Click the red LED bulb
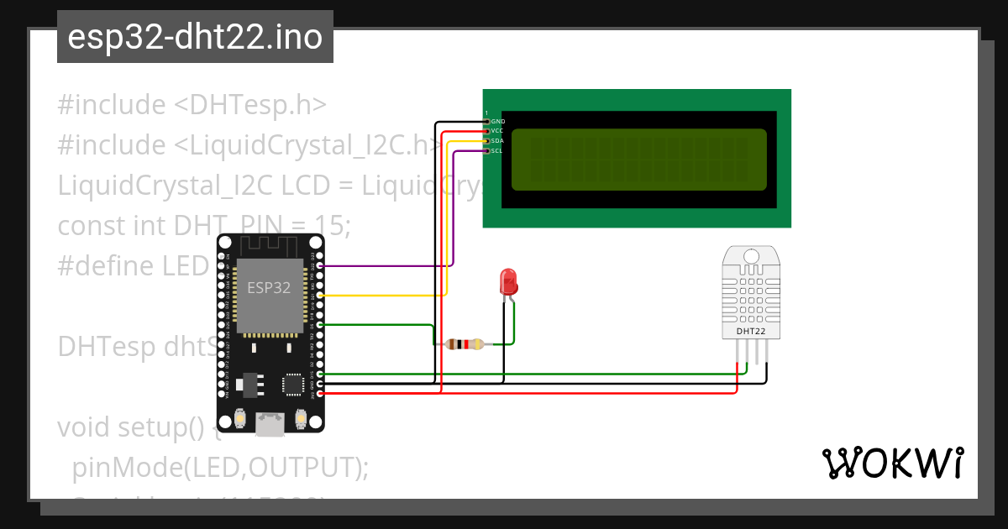(508, 280)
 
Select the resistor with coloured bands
(465, 343)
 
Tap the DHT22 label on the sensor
(750, 331)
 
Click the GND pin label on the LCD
(497, 122)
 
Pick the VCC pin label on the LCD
(497, 131)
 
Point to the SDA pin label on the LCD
(497, 141)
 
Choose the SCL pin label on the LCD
(497, 151)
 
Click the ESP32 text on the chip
(269, 288)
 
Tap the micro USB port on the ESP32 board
(270, 424)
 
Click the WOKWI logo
(892, 464)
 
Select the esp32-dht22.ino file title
(195, 38)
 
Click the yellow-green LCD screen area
(638, 160)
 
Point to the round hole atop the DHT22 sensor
(750, 256)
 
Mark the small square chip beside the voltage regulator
(292, 384)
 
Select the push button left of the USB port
(240, 417)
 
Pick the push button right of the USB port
(301, 417)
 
